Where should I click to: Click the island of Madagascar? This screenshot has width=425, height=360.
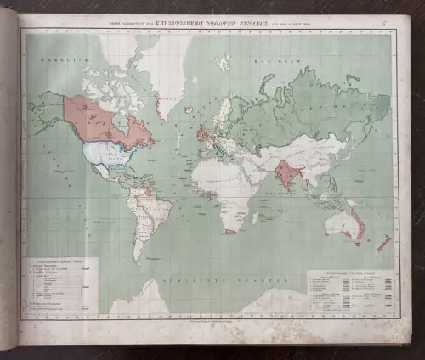pyautogui.click(x=255, y=218)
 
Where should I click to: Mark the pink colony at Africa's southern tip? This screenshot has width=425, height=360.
pyautogui.click(x=230, y=231)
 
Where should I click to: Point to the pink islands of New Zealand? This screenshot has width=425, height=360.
pyautogui.click(x=383, y=244)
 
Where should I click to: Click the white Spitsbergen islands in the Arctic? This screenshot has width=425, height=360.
pyautogui.click(x=223, y=62)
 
